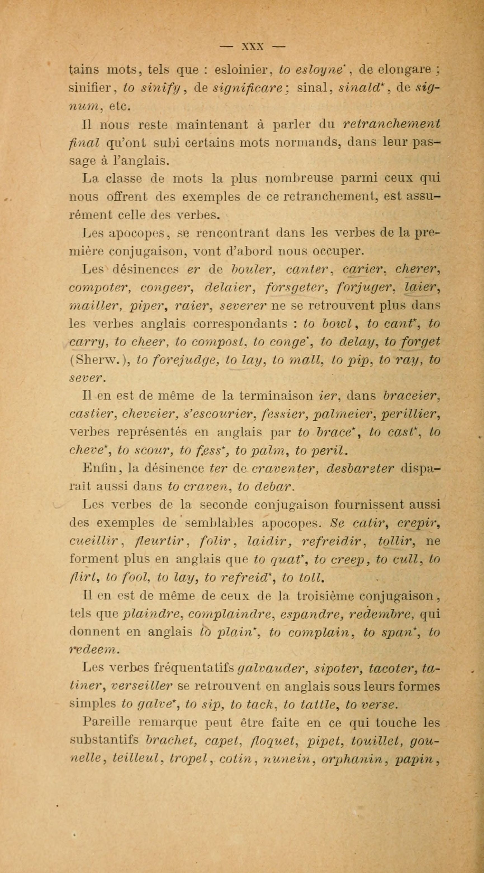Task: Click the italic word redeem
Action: click(x=93, y=650)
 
